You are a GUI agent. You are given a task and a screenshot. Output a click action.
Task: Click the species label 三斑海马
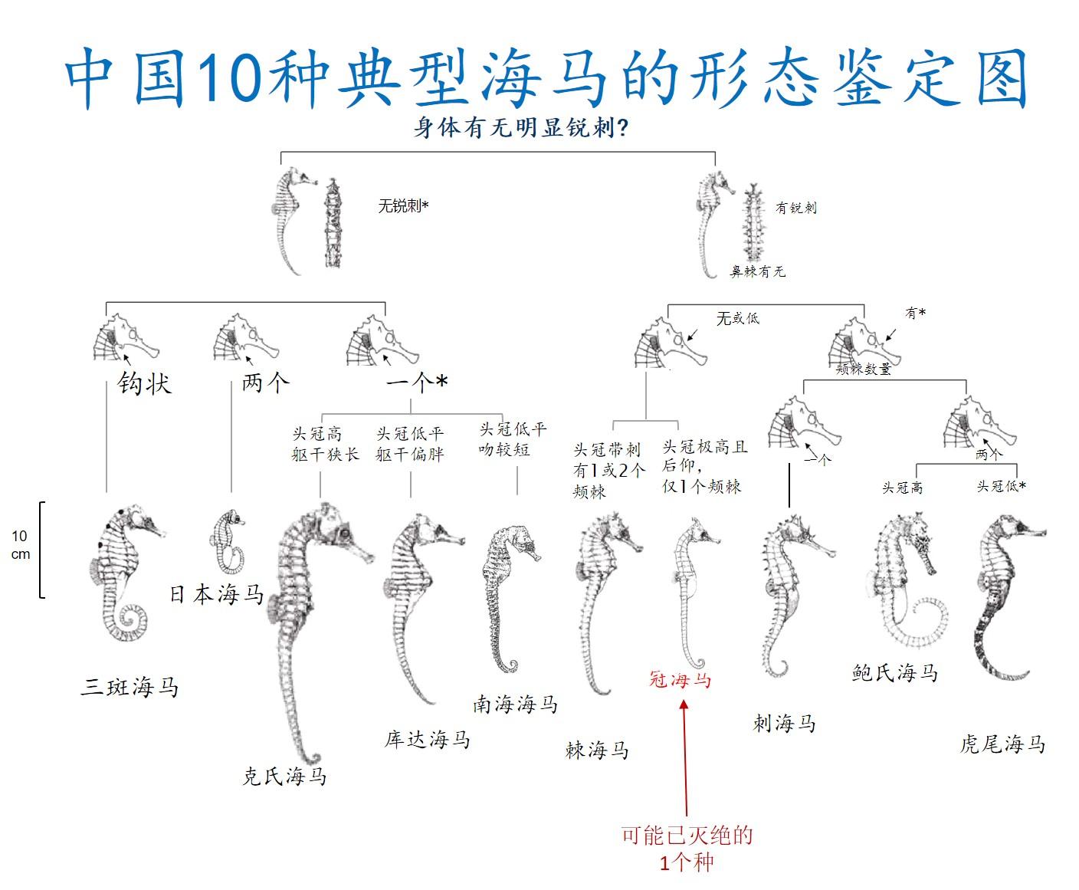pyautogui.click(x=130, y=687)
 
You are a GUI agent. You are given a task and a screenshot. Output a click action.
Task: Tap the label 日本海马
pyautogui.click(x=216, y=594)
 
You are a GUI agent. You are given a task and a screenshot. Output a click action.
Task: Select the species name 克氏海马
pyautogui.click(x=284, y=777)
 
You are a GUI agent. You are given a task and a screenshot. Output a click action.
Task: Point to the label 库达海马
pyautogui.click(x=428, y=739)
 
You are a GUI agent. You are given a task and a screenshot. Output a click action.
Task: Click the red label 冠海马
pyautogui.click(x=681, y=679)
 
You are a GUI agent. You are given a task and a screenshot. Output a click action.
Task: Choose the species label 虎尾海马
pyautogui.click(x=1002, y=744)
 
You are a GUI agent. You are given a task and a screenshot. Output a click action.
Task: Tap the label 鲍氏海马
pyautogui.click(x=894, y=673)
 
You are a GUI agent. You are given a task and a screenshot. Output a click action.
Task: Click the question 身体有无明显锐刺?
pyautogui.click(x=521, y=127)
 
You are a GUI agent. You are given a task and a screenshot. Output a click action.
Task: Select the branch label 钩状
pyautogui.click(x=144, y=383)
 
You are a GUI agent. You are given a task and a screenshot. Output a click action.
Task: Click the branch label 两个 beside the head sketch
pyautogui.click(x=265, y=382)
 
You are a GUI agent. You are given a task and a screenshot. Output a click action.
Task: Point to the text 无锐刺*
pyautogui.click(x=403, y=205)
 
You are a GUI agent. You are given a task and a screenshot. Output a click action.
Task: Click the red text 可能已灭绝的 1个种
pyautogui.click(x=687, y=849)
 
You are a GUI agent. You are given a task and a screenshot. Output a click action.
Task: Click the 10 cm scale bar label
pyautogui.click(x=20, y=545)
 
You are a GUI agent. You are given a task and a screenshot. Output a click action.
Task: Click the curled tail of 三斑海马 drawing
pyautogui.click(x=132, y=621)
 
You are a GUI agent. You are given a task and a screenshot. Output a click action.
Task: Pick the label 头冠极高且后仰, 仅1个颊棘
pyautogui.click(x=704, y=466)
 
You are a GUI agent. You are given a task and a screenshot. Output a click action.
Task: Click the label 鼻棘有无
pyautogui.click(x=757, y=271)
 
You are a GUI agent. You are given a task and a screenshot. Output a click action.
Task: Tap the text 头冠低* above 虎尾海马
pyautogui.click(x=1001, y=486)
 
